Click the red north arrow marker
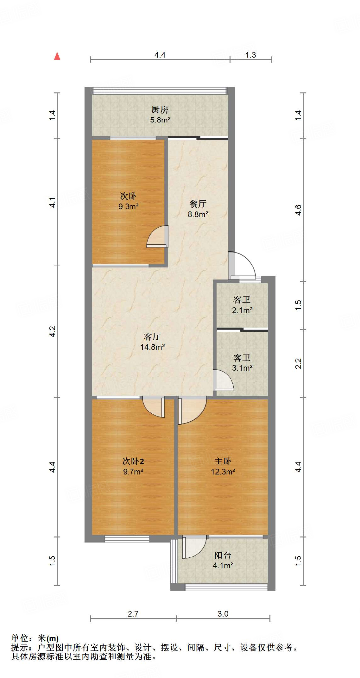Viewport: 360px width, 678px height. click(57, 56)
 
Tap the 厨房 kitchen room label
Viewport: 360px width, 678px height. click(160, 114)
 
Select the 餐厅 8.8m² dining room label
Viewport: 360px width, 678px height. click(198, 209)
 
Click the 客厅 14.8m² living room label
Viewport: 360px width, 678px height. click(152, 342)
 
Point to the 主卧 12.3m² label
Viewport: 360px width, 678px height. click(223, 466)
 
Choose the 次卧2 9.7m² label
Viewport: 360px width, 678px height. click(133, 466)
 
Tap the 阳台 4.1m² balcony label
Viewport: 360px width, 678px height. click(223, 560)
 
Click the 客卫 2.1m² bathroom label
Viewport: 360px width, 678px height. click(242, 305)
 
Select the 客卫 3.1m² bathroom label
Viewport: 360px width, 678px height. click(242, 363)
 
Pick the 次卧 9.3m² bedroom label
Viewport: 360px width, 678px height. click(128, 201)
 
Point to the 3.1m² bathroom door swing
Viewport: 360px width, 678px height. click(223, 381)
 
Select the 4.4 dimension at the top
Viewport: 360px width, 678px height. click(160, 55)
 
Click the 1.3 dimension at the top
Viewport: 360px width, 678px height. click(251, 55)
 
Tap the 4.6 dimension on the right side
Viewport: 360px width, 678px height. click(298, 210)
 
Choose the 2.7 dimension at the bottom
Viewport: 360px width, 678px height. click(133, 614)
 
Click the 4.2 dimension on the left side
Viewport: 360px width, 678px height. click(52, 331)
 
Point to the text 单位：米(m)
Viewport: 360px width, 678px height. click(35, 638)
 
